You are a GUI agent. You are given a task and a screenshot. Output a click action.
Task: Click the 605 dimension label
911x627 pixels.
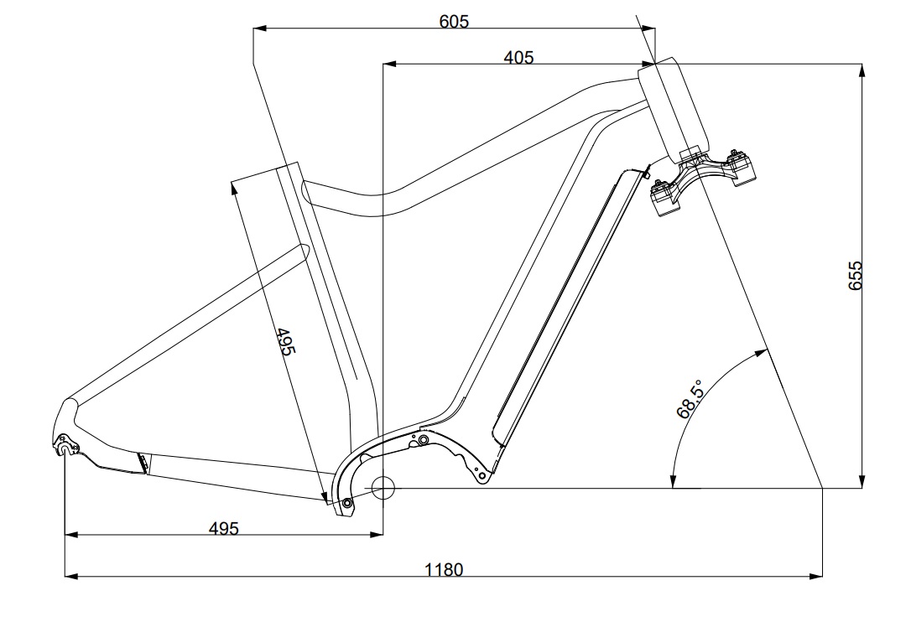coord(454,21)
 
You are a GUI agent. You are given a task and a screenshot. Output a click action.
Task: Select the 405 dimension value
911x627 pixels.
coord(518,57)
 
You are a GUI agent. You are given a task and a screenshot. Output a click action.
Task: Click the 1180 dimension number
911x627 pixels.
coord(444,570)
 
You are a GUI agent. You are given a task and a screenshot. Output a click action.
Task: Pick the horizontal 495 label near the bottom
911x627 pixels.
coord(224,528)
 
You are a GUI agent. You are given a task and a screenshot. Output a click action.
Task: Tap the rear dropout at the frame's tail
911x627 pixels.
coord(65,448)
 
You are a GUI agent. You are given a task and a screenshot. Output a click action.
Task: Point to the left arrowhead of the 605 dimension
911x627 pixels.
coord(259,28)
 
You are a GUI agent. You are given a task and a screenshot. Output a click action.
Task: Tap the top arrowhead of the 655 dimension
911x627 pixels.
coord(862,68)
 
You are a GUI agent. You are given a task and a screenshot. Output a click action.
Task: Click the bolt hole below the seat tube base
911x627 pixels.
coord(347,503)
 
